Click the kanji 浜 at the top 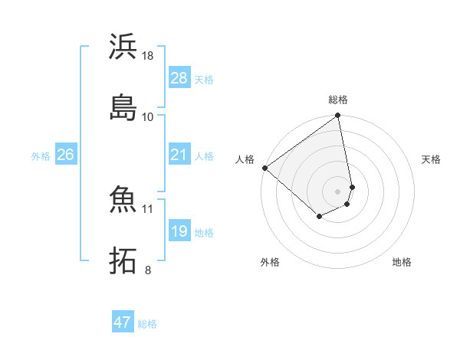coord(123,47)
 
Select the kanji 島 coord(123,106)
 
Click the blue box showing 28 coord(179,78)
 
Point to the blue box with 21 coord(179,155)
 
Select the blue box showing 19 coord(179,231)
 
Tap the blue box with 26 coord(65,155)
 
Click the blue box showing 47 coord(123,322)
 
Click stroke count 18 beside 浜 coord(148,56)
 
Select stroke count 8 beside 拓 coord(148,270)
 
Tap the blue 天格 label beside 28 coord(204,79)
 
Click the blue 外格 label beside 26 coord(41,156)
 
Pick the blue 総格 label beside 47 coord(147,324)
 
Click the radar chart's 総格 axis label coord(338,100)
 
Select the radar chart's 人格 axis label coord(245,159)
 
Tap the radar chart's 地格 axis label coord(402,262)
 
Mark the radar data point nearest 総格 coord(338,116)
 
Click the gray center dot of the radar coord(338,191)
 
